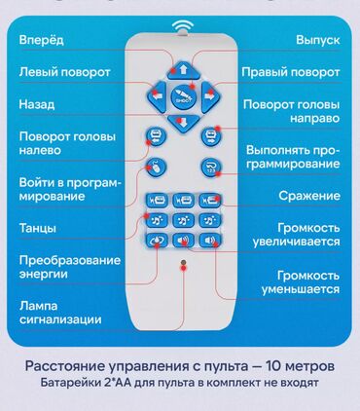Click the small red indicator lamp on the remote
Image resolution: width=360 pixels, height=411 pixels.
pos(182,264)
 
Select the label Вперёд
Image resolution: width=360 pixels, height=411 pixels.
pos(41,40)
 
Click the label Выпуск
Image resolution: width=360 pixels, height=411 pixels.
pos(317,40)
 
